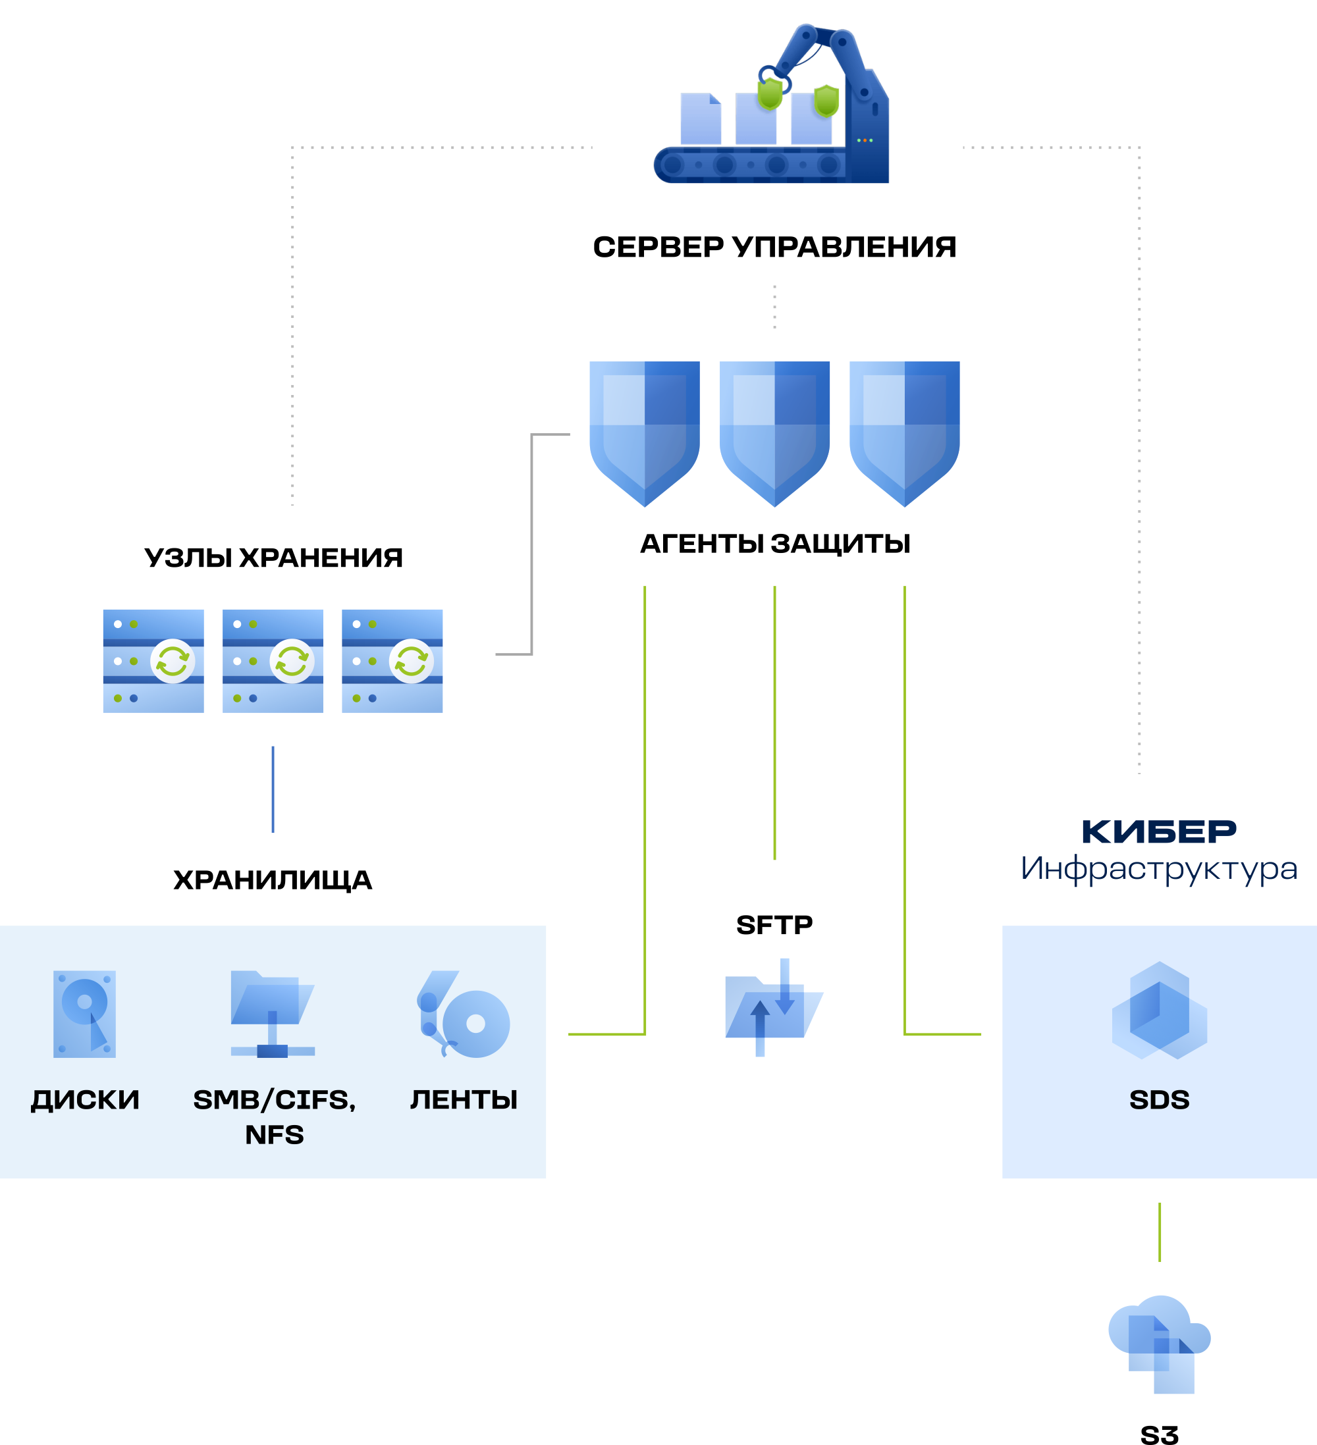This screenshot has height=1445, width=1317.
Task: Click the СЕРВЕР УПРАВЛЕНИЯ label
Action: pos(774,248)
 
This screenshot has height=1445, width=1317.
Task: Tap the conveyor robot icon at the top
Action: pos(770,107)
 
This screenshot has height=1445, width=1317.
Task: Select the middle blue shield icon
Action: pos(774,430)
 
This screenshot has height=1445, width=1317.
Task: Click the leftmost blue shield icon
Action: pos(644,430)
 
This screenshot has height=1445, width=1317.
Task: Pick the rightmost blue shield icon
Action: pos(904,430)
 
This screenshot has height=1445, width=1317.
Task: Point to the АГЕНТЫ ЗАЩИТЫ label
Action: pos(774,543)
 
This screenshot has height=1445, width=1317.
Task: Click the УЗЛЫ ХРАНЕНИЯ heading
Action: pos(273,558)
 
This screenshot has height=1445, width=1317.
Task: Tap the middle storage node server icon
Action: pos(273,661)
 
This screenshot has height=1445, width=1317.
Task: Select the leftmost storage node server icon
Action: pos(153,661)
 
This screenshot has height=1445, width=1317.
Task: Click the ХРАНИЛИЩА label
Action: pos(273,880)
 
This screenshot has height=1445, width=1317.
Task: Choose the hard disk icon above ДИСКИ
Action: pos(84,1014)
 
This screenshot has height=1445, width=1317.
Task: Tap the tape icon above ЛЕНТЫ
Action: pos(464,1015)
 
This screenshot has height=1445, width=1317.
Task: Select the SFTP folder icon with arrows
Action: pos(774,1008)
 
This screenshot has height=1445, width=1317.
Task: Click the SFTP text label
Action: pos(774,925)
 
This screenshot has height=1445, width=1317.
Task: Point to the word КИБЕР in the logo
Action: pos(1158,832)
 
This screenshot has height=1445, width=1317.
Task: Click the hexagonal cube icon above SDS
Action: pos(1159,1010)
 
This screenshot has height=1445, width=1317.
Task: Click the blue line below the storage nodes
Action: pos(273,789)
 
